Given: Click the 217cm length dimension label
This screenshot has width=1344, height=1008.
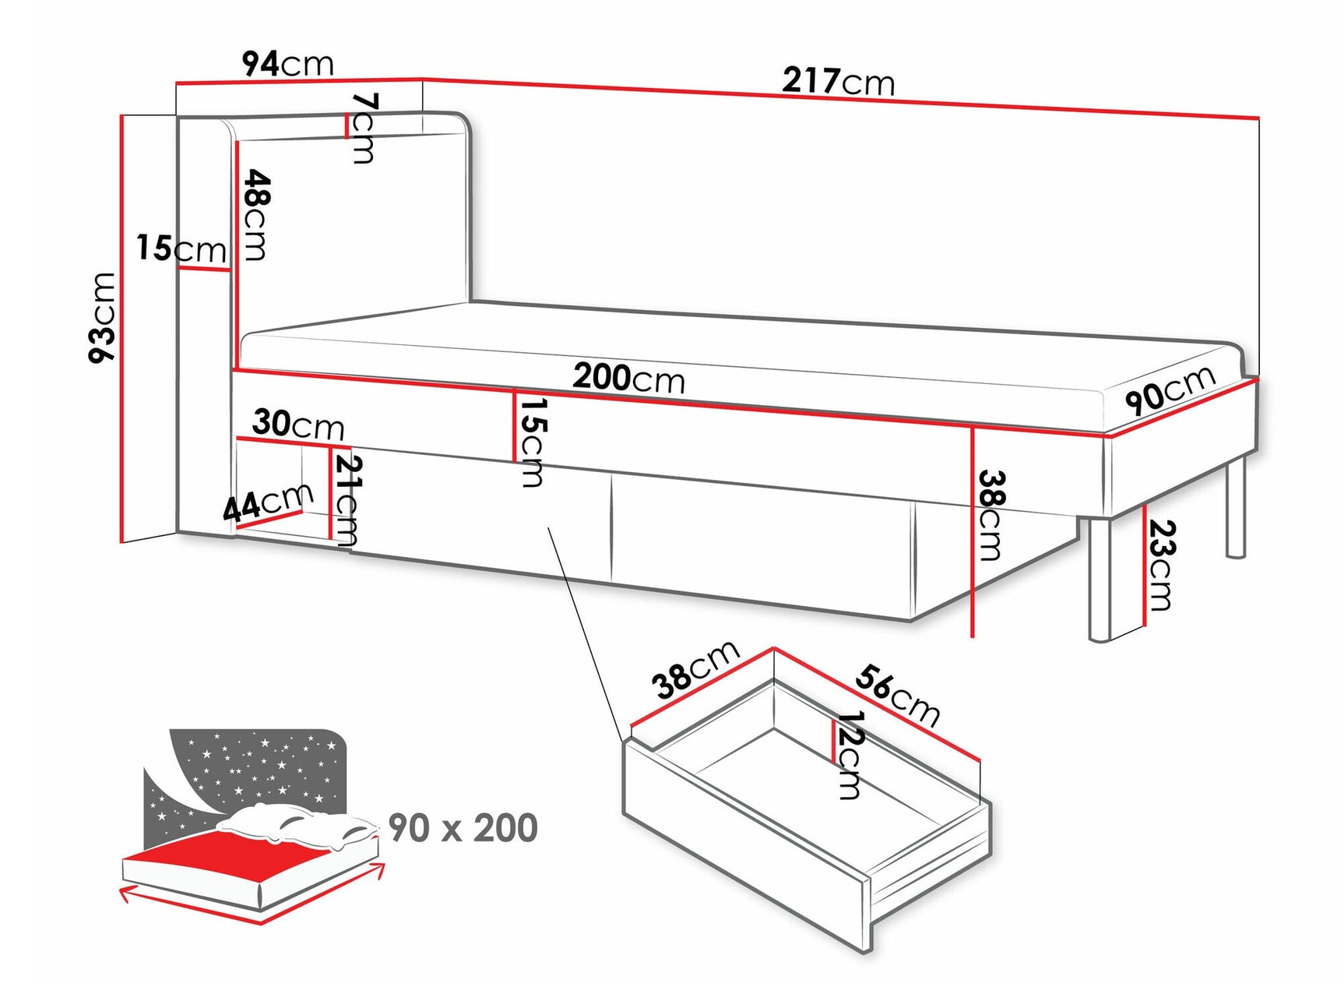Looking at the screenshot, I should point(839,81).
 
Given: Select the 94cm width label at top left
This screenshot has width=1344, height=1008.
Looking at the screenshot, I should point(287,64).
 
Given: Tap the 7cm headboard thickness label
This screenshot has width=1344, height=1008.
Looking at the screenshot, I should point(364,128).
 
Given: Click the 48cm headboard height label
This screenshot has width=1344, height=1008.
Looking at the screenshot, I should point(255,215).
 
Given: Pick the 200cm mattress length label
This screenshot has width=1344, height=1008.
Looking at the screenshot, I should point(628,378).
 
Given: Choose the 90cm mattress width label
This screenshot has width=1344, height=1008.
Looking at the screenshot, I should point(1170,390).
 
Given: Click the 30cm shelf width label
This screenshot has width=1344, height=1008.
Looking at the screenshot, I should point(297,424).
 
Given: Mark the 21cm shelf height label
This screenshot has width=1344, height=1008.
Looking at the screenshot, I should point(347,500).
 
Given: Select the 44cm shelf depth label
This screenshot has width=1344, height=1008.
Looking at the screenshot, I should point(267,502).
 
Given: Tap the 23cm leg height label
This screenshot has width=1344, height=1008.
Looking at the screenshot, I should point(1161,565).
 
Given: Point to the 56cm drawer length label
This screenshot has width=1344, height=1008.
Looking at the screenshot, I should point(897,694).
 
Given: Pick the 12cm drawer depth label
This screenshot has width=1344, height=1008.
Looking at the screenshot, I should point(849,755).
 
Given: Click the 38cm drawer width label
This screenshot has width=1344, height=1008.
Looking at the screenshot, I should point(695,669).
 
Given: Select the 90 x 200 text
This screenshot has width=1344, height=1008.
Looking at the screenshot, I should point(463,828).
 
